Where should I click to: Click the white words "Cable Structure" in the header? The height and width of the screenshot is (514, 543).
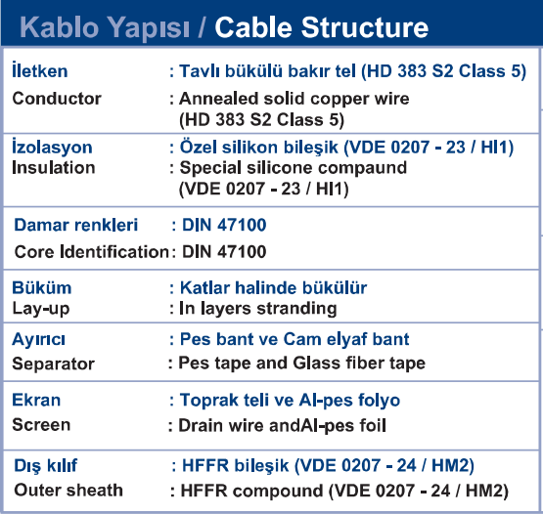[x=321, y=27]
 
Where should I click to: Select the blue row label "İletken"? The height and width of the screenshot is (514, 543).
[x=40, y=70]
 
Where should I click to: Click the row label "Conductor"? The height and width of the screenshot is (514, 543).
[x=57, y=99]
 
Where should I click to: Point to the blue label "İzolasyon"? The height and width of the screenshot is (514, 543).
[x=52, y=147]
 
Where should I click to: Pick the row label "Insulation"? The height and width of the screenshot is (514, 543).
[x=54, y=168]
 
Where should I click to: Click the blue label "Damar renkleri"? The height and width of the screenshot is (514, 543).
[x=76, y=225]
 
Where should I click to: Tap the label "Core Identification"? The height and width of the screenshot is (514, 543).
[x=91, y=251]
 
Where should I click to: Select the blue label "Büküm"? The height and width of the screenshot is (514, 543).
[x=42, y=288]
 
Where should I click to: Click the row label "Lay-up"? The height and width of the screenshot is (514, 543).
[x=41, y=309]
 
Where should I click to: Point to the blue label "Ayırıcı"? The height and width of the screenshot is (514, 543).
[x=38, y=339]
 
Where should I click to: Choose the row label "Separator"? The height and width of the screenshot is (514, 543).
[x=54, y=364]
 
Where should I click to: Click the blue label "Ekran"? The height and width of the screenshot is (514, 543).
[x=36, y=400]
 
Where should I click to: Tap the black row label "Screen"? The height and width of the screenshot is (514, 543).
[x=41, y=425]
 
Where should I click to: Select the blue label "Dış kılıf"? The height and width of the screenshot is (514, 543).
[x=45, y=466]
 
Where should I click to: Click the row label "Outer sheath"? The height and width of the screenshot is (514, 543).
[x=68, y=491]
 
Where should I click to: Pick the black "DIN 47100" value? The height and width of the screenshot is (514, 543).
[x=224, y=251]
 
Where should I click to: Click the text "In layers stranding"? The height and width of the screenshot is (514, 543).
[x=258, y=309]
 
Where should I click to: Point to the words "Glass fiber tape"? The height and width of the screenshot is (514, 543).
[x=359, y=364]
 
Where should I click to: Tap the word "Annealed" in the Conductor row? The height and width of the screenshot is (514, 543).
[x=219, y=99]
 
